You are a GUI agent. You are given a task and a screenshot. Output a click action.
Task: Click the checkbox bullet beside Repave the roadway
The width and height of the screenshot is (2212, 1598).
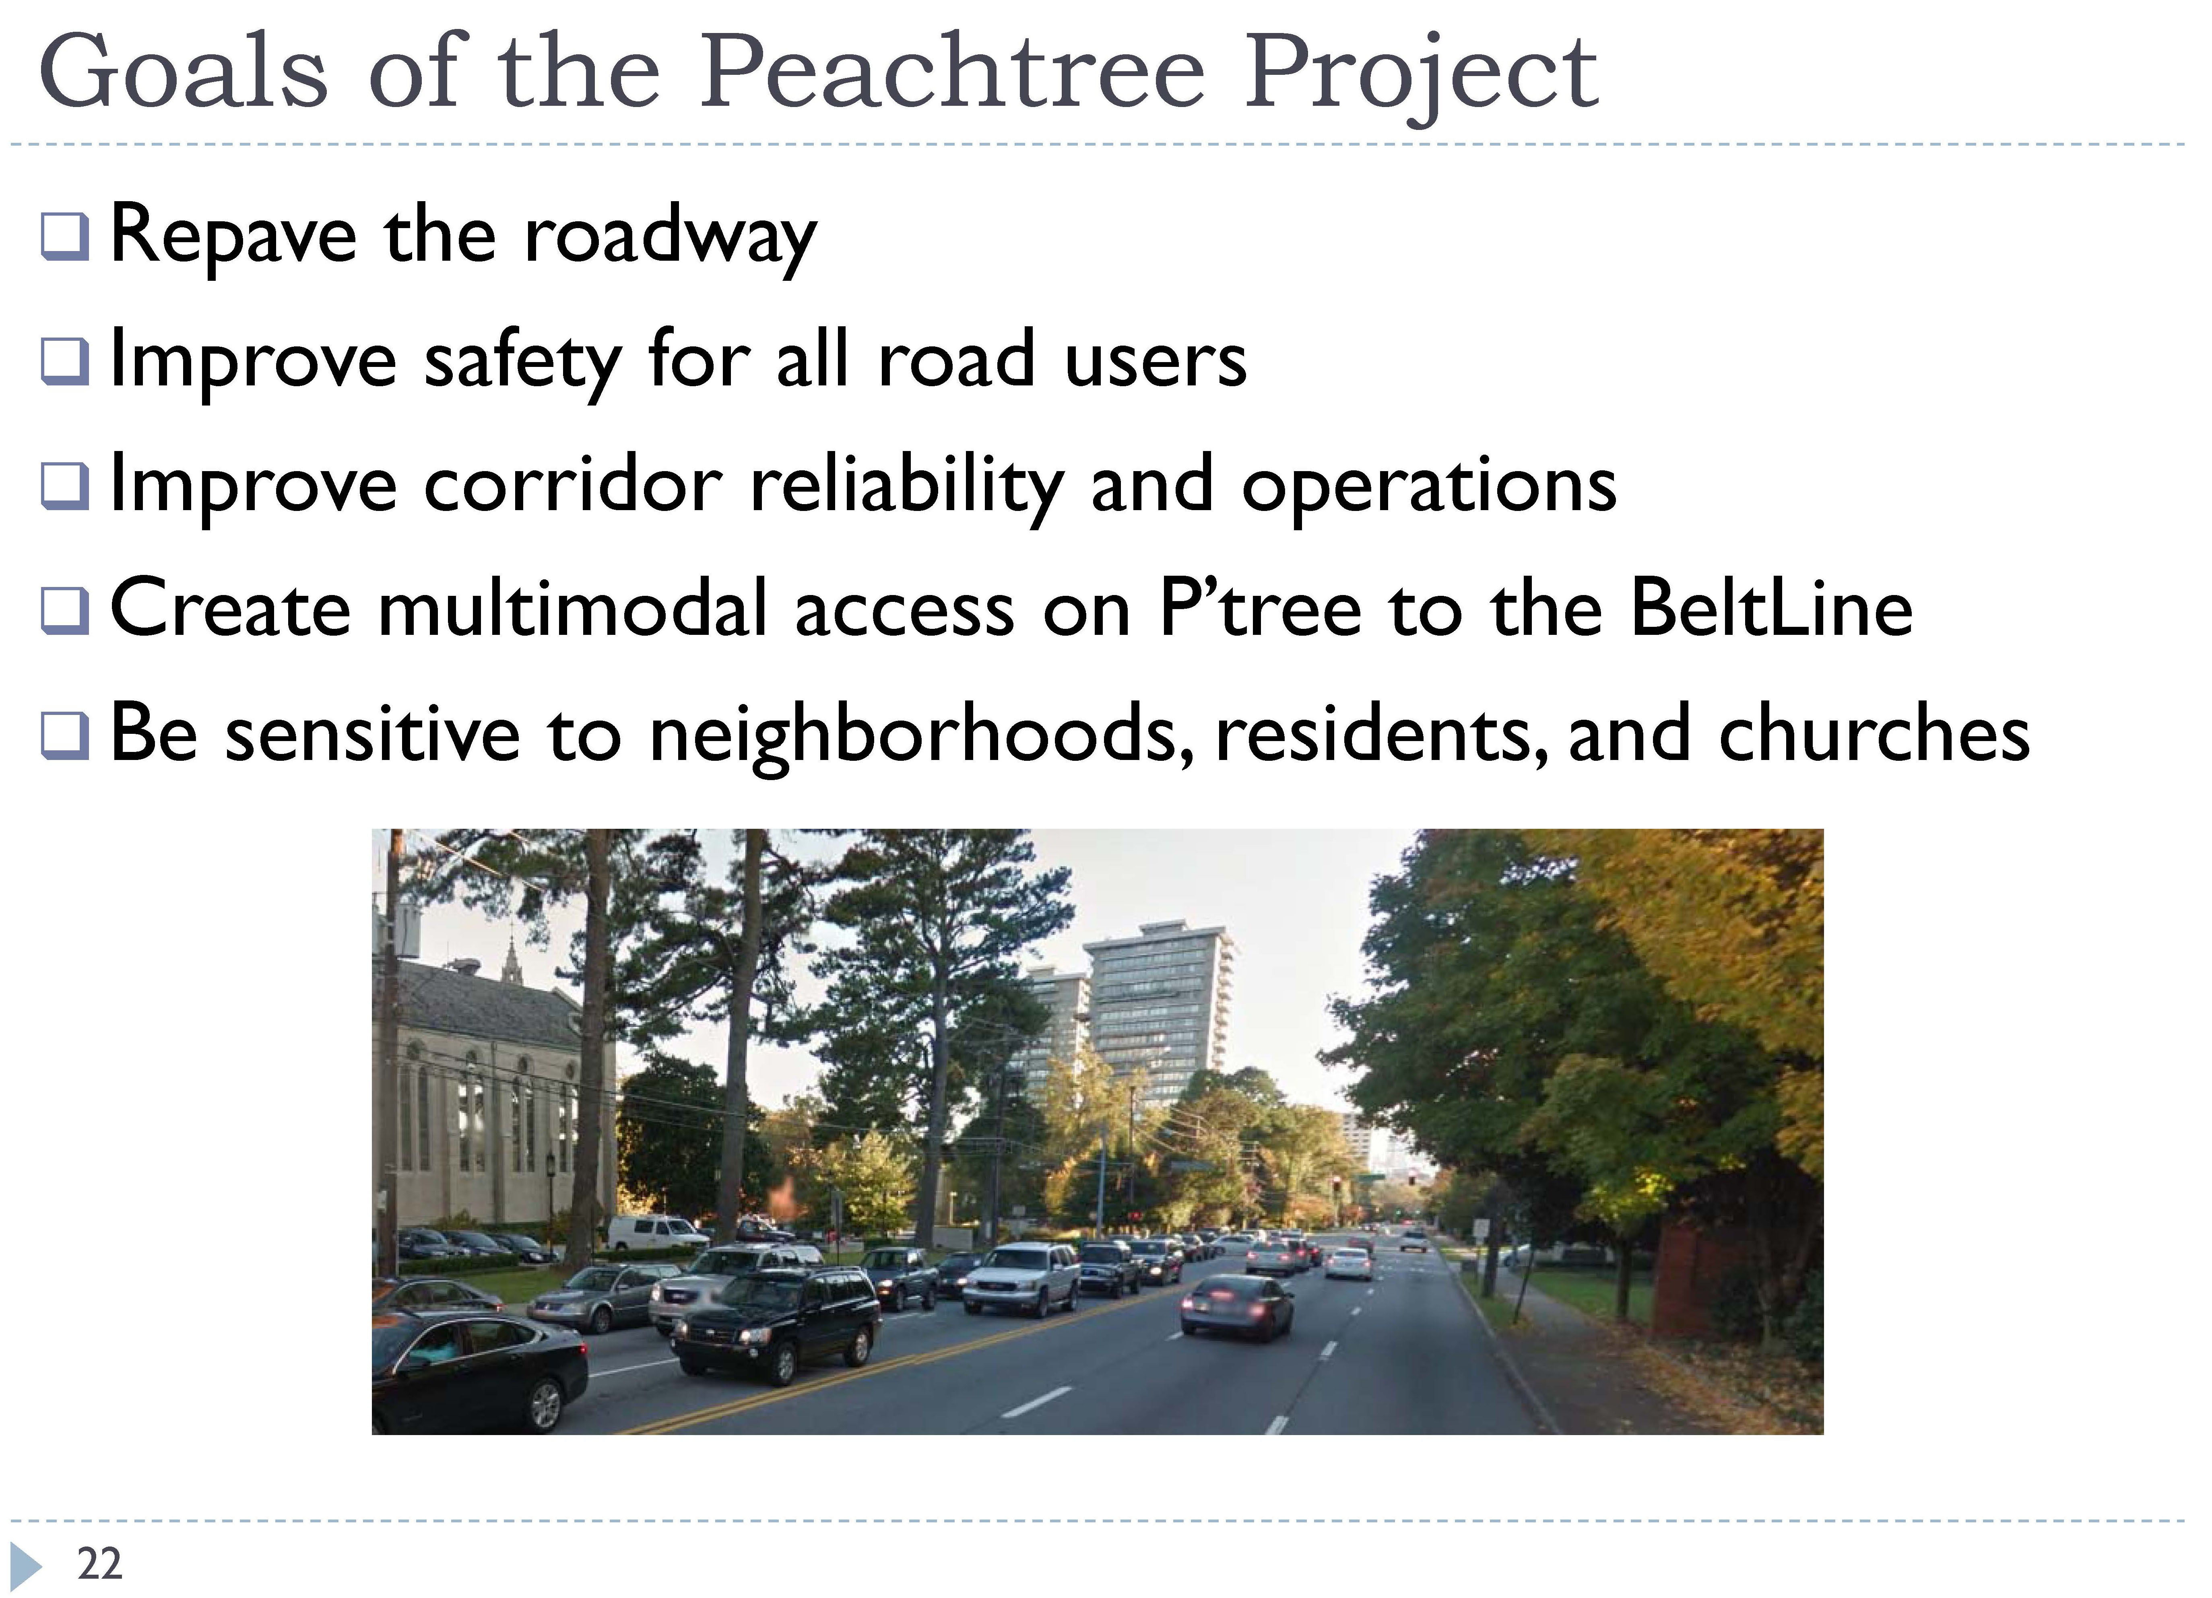[65, 237]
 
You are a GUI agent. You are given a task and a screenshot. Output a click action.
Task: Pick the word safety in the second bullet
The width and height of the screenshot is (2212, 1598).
[522, 361]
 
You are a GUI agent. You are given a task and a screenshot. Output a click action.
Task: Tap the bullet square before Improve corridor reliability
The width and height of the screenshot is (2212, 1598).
[65, 486]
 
